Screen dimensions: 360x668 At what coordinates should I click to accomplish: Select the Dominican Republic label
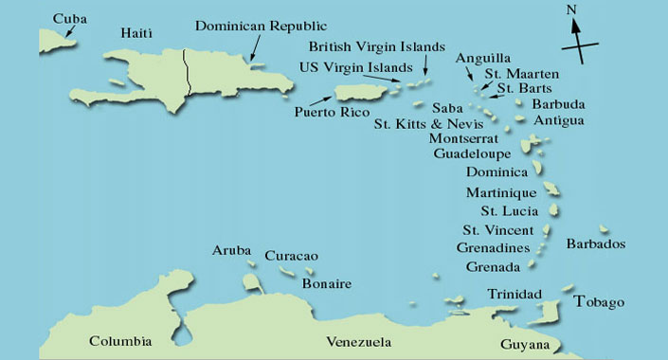tap(261, 26)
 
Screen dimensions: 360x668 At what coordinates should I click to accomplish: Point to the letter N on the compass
tap(571, 10)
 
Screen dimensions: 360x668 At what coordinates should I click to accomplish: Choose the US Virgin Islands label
tap(355, 67)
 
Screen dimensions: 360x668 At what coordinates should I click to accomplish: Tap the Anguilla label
tap(483, 57)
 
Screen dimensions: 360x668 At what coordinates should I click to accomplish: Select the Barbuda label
tap(558, 103)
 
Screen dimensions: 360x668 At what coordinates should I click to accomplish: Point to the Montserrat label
tap(474, 137)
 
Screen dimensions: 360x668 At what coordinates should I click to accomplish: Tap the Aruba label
tap(231, 250)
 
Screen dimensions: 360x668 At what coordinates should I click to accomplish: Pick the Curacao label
tap(291, 256)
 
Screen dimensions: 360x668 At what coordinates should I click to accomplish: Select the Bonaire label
tap(327, 283)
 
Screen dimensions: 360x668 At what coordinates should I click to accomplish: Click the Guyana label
tap(524, 345)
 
